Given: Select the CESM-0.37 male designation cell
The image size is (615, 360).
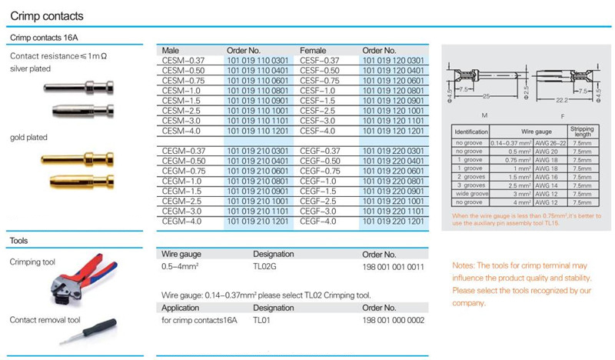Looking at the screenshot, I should point(184,60).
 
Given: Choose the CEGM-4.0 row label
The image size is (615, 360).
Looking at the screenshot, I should point(184,221).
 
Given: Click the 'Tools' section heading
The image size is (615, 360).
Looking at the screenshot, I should point(18,240).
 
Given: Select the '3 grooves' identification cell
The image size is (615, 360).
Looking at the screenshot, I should point(470,186).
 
